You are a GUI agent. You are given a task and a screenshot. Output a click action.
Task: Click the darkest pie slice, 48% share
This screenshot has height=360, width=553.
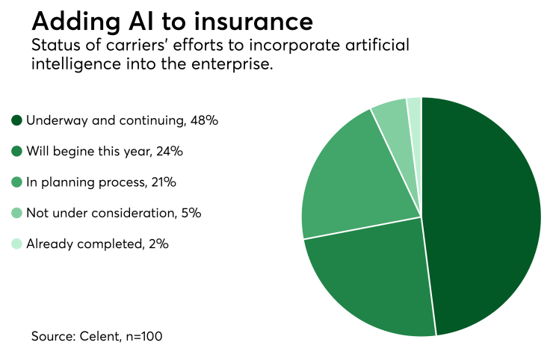[x=482, y=217]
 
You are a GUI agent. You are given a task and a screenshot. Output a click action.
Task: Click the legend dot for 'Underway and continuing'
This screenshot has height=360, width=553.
[x=17, y=120]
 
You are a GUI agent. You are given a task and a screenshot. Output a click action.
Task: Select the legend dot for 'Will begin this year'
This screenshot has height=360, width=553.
[x=17, y=151]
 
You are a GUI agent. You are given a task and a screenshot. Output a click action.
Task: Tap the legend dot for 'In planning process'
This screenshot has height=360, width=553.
[x=17, y=182]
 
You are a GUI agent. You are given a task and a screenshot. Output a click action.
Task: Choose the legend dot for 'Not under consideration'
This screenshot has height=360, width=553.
[x=17, y=213]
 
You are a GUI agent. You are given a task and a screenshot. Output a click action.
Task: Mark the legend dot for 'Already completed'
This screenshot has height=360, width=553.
[x=17, y=243]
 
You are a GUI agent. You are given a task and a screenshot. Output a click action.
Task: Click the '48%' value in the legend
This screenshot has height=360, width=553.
[x=203, y=120]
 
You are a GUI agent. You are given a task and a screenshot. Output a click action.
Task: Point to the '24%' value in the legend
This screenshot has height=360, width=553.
[x=168, y=151]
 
